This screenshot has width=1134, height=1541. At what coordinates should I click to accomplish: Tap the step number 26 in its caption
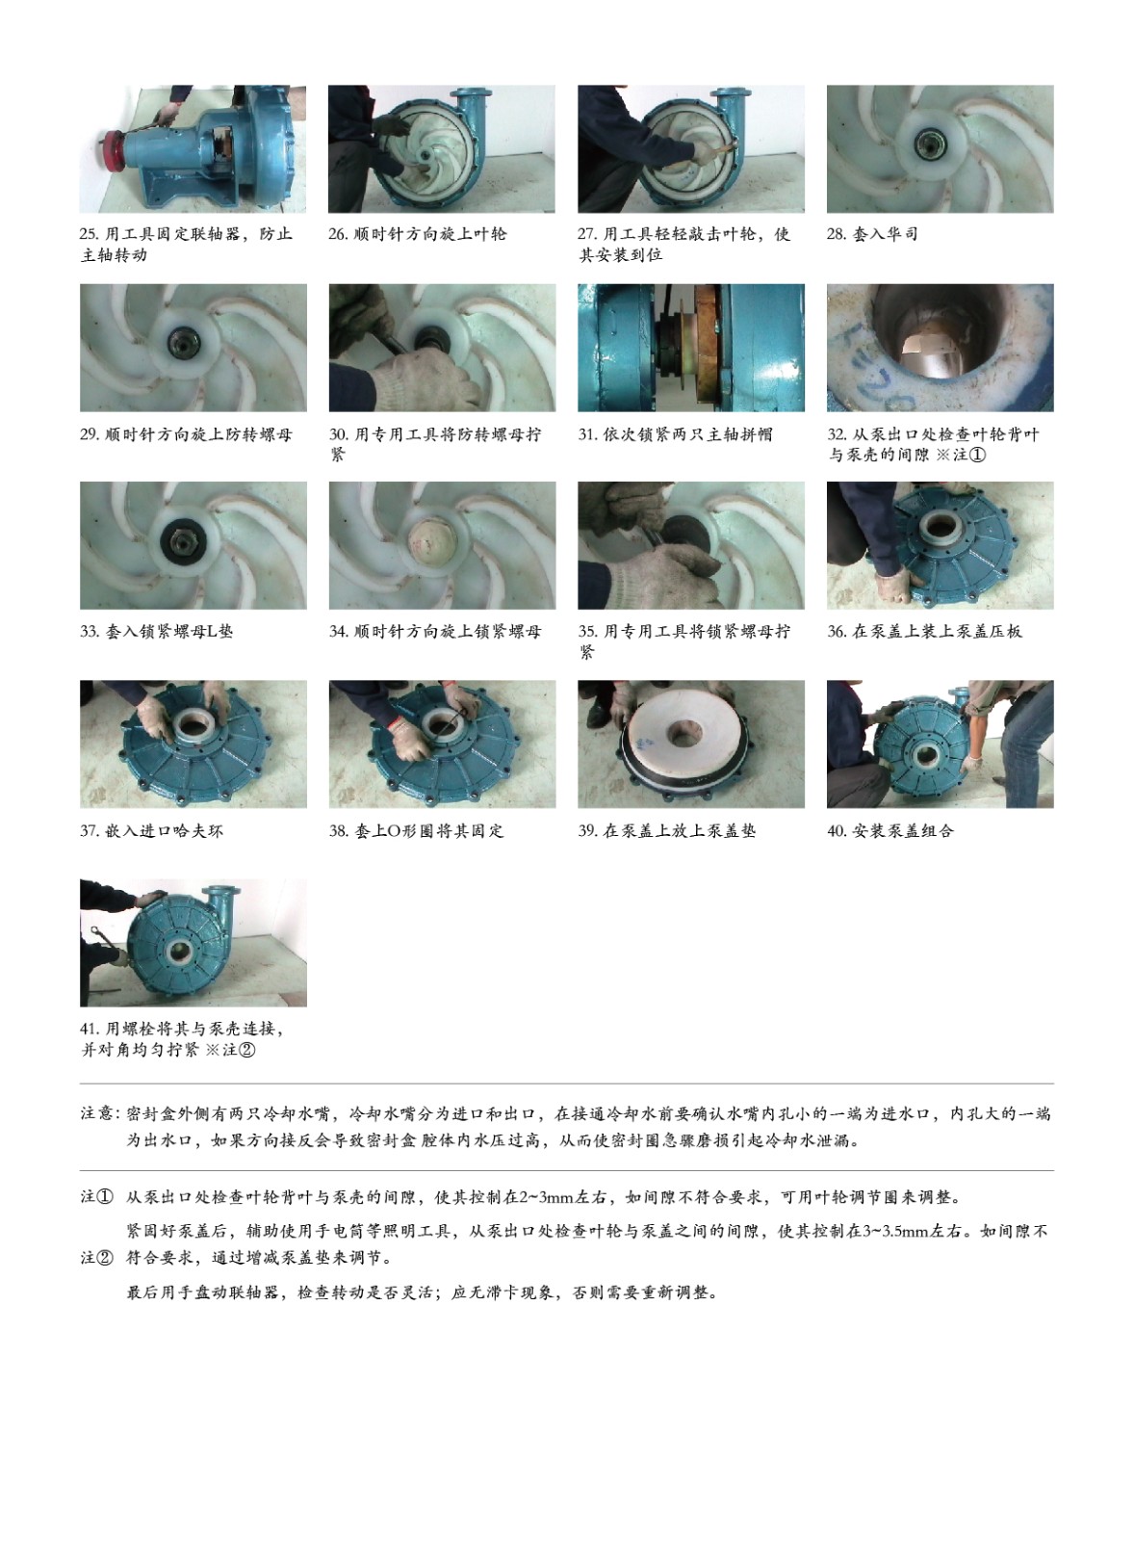coord(337,235)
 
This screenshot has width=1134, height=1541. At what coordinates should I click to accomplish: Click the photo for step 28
coord(941,148)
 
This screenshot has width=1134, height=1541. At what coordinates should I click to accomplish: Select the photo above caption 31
coord(691,348)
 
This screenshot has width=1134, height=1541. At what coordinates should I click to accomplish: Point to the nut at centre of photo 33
coord(185,545)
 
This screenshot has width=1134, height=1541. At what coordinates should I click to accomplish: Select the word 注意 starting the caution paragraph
coord(96,1113)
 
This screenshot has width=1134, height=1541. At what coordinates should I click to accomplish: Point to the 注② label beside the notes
coord(96,1258)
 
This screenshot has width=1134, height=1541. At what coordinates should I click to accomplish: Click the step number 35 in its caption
coord(586,632)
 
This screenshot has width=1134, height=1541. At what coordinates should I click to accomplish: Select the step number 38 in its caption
coord(338,831)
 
